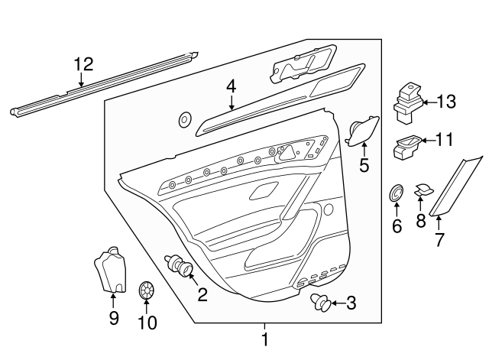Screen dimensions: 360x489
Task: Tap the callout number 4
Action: [231, 89]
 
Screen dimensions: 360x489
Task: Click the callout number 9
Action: [114, 318]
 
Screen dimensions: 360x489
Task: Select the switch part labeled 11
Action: [404, 146]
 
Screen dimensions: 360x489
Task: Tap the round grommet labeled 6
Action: [396, 193]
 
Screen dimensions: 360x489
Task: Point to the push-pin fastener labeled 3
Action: [324, 304]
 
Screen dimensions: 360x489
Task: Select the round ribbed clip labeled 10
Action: [146, 292]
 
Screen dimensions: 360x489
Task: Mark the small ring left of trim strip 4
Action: [184, 119]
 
